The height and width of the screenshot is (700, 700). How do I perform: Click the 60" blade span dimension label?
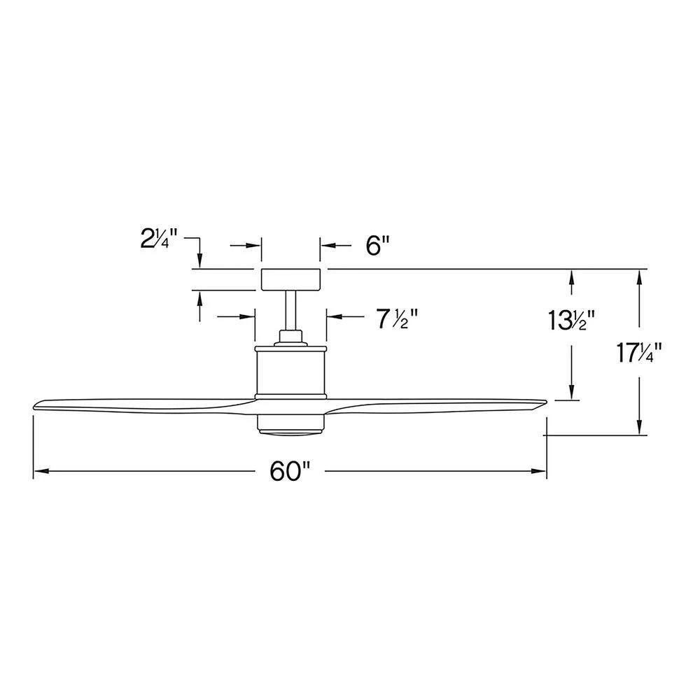pyautogui.click(x=290, y=471)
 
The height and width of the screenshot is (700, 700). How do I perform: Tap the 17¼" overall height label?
pyautogui.click(x=639, y=353)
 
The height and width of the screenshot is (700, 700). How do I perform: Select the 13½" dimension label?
pyautogui.click(x=571, y=320)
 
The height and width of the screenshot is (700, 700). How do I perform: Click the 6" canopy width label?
pyautogui.click(x=378, y=245)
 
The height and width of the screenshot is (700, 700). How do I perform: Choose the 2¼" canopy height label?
pyautogui.click(x=160, y=239)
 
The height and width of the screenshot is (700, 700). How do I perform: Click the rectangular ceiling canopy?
pyautogui.click(x=290, y=279)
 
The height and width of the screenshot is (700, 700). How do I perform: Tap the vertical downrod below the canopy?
pyautogui.click(x=290, y=310)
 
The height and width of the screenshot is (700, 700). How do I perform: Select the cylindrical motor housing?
pyautogui.click(x=290, y=372)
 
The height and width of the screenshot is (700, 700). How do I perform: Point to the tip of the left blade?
pyautogui.click(x=34, y=407)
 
